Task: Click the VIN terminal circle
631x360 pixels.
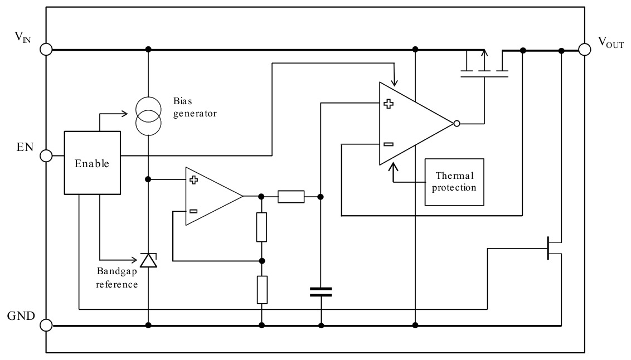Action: coord(46,50)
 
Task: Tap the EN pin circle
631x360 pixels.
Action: coord(46,155)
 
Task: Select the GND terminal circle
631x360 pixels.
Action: coord(46,325)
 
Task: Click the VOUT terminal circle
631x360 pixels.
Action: coord(585,50)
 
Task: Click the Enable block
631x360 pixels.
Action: coord(92,163)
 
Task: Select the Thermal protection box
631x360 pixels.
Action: coord(454,182)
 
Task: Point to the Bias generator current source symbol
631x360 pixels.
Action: coord(148,116)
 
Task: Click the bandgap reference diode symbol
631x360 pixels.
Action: coord(148,260)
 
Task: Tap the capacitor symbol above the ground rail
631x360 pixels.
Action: coord(321,292)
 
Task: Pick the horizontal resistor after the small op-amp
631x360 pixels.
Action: coord(291,197)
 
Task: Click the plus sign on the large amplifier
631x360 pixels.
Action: coord(389,104)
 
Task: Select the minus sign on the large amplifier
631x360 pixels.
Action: coord(389,144)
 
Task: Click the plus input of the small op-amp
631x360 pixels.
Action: coord(193,180)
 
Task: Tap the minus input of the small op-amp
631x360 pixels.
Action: coord(193,211)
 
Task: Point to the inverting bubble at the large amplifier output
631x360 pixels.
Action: coord(457,124)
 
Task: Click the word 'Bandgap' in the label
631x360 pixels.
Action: coord(117,271)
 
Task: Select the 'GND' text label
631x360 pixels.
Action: coord(21,316)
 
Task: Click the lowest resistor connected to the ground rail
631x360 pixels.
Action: coord(262,290)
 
